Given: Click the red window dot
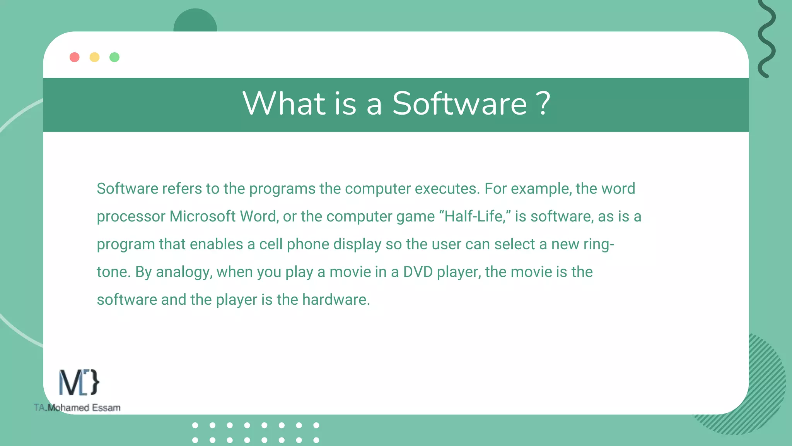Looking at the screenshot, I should tap(74, 57).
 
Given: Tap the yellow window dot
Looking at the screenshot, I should tap(94, 57).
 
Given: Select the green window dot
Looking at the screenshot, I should tap(114, 57).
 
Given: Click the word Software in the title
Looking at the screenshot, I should tap(459, 104).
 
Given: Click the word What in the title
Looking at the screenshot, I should tap(284, 104).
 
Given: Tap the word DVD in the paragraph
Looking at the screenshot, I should tap(418, 272).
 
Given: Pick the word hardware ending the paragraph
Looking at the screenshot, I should tap(336, 300).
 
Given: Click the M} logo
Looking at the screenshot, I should tap(79, 383).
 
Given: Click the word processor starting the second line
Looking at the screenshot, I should tap(131, 217).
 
